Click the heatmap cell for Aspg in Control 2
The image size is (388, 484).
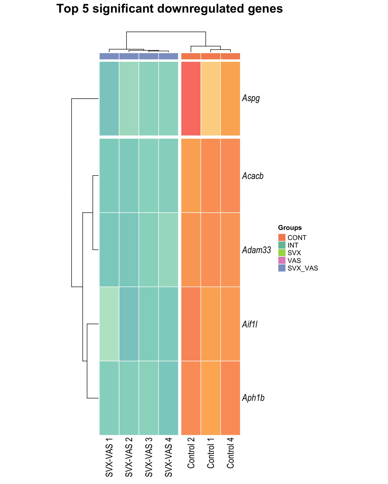click(x=191, y=99)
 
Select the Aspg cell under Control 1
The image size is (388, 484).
click(x=211, y=99)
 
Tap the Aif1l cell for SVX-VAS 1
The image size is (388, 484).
click(x=109, y=324)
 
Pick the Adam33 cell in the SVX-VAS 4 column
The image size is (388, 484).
click(x=168, y=250)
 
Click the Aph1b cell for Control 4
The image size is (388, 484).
click(x=230, y=398)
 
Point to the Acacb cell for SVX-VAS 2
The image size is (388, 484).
click(x=129, y=176)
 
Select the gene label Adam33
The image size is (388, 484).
click(x=256, y=250)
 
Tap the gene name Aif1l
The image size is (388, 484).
click(x=250, y=324)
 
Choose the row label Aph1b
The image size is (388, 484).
click(x=253, y=398)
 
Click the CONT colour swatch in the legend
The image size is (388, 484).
click(x=282, y=237)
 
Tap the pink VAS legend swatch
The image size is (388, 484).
click(x=282, y=260)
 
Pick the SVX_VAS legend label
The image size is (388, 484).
click(x=303, y=268)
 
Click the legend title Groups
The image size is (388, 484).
click(x=290, y=228)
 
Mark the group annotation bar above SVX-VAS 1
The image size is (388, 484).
click(x=109, y=56)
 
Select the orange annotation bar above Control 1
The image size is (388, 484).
click(x=211, y=56)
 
